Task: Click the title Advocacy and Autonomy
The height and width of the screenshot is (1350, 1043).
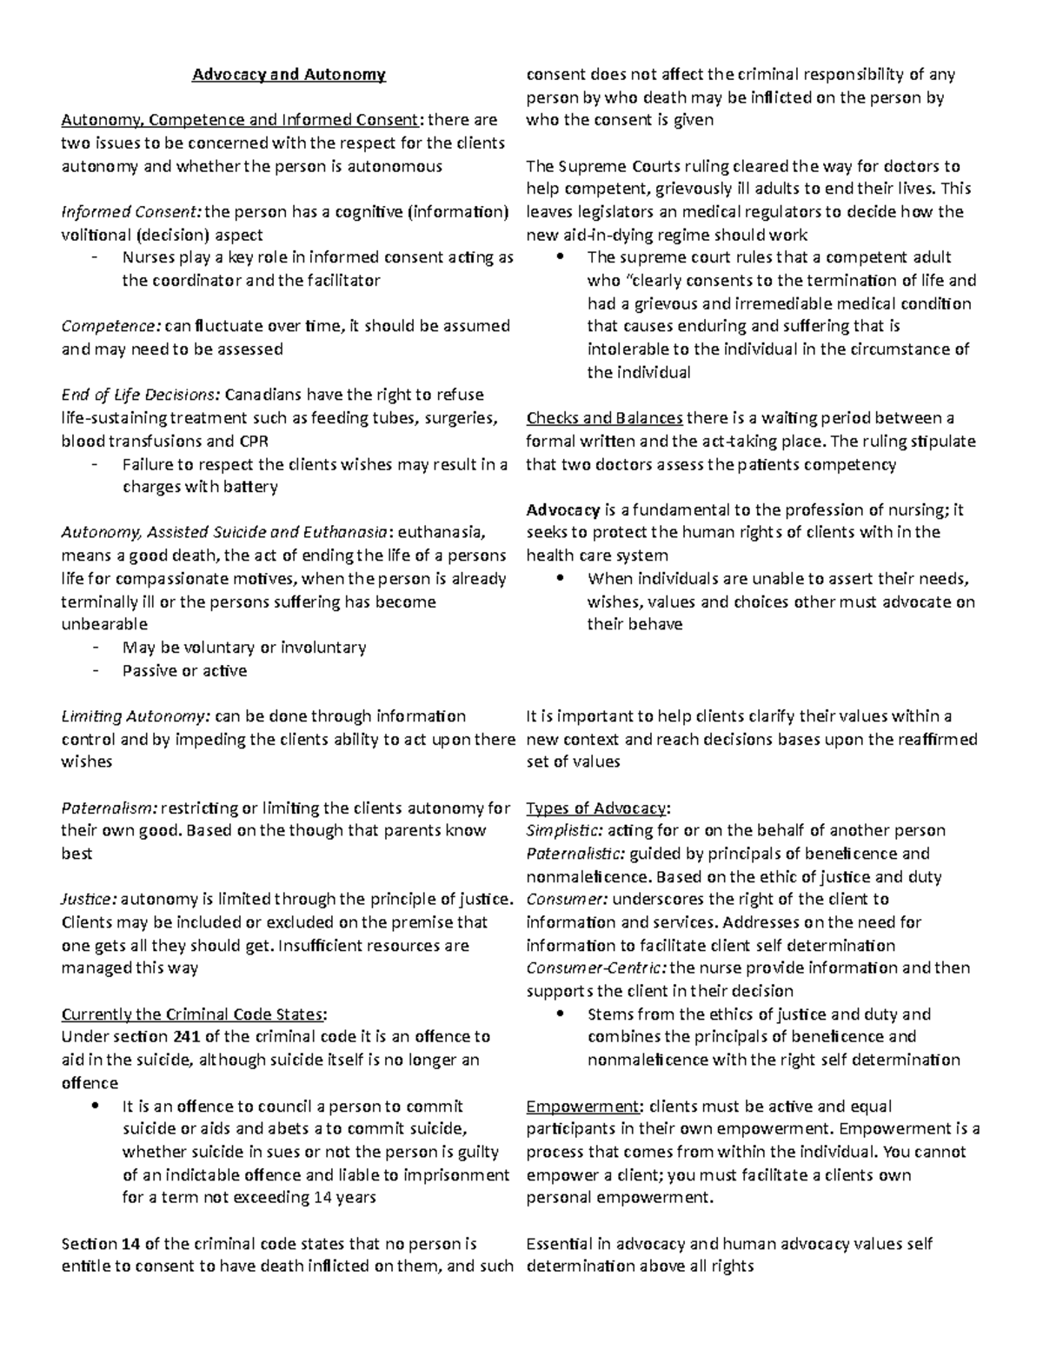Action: pos(289,75)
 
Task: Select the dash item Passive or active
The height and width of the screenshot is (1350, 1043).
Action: pos(184,670)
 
